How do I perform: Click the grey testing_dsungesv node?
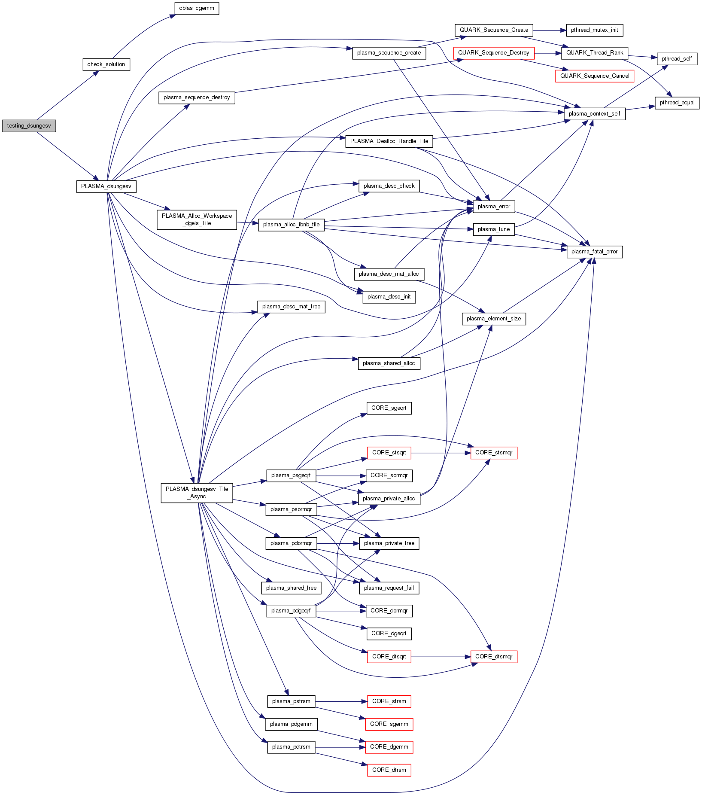click(29, 126)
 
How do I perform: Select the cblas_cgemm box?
click(197, 8)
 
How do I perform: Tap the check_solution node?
click(106, 64)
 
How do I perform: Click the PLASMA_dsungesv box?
click(106, 186)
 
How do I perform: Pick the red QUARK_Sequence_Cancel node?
click(594, 76)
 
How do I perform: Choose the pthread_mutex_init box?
click(594, 30)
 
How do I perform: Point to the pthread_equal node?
click(677, 103)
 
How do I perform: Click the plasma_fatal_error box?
click(594, 252)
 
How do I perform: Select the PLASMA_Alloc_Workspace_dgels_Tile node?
click(197, 219)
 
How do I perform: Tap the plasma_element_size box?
click(493, 319)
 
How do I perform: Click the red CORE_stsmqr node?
click(493, 453)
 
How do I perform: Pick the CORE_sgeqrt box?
click(389, 408)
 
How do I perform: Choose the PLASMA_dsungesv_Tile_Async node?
click(197, 493)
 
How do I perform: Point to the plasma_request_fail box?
click(389, 588)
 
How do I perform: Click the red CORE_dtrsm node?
click(389, 770)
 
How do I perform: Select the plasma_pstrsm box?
click(291, 701)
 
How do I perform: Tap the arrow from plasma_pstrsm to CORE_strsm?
click(341, 701)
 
